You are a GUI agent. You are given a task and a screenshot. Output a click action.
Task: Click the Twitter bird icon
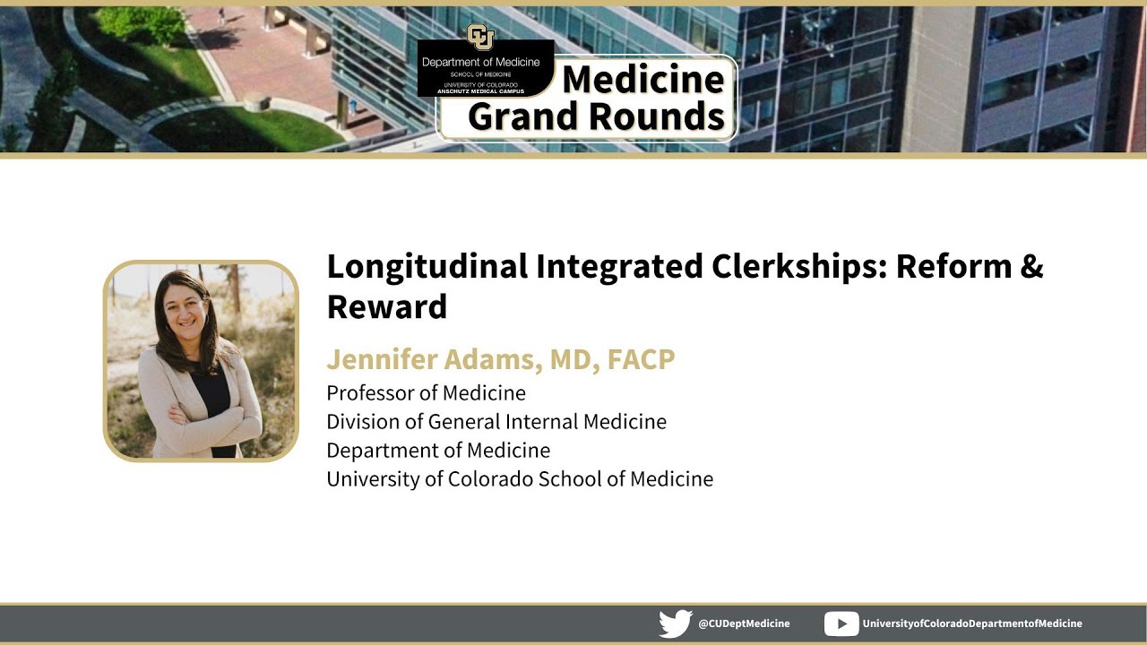(x=676, y=623)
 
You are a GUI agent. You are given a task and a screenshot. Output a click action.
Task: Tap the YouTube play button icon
(x=841, y=623)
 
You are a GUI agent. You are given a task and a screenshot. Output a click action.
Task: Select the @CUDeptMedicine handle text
(x=744, y=623)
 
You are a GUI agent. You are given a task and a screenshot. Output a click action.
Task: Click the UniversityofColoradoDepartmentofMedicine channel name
(x=971, y=623)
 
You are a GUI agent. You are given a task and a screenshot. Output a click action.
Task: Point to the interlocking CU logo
(x=480, y=39)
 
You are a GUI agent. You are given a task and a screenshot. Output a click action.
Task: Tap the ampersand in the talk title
(x=1031, y=267)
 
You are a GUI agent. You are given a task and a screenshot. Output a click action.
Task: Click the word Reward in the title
(x=386, y=306)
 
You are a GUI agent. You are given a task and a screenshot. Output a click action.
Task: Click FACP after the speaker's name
(x=641, y=359)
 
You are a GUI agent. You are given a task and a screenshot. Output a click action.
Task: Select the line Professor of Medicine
(x=426, y=393)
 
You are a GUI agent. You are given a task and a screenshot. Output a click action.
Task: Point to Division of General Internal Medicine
(x=496, y=422)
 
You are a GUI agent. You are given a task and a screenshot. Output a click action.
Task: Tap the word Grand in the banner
(x=523, y=116)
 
